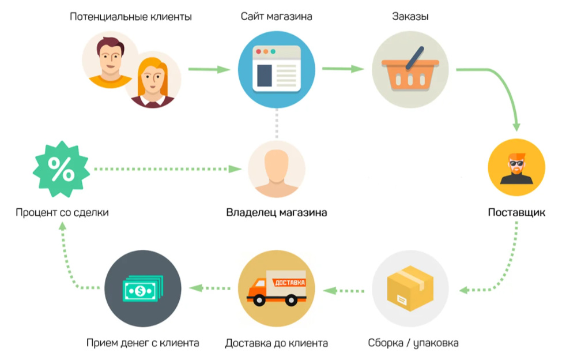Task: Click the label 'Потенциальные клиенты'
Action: (131, 17)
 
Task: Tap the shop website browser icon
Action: (276, 69)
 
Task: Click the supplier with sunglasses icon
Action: (516, 167)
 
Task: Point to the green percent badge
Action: (61, 169)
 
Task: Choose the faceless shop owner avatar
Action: (276, 169)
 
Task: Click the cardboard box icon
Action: (410, 288)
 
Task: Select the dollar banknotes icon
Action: (142, 288)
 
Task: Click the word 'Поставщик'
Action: (516, 212)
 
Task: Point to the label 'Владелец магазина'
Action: (276, 212)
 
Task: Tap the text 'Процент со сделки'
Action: (62, 212)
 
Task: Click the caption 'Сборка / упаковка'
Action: (413, 343)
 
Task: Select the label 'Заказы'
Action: (410, 17)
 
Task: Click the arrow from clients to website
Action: (209, 69)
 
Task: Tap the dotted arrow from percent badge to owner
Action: (168, 169)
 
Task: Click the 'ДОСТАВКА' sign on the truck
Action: (290, 283)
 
